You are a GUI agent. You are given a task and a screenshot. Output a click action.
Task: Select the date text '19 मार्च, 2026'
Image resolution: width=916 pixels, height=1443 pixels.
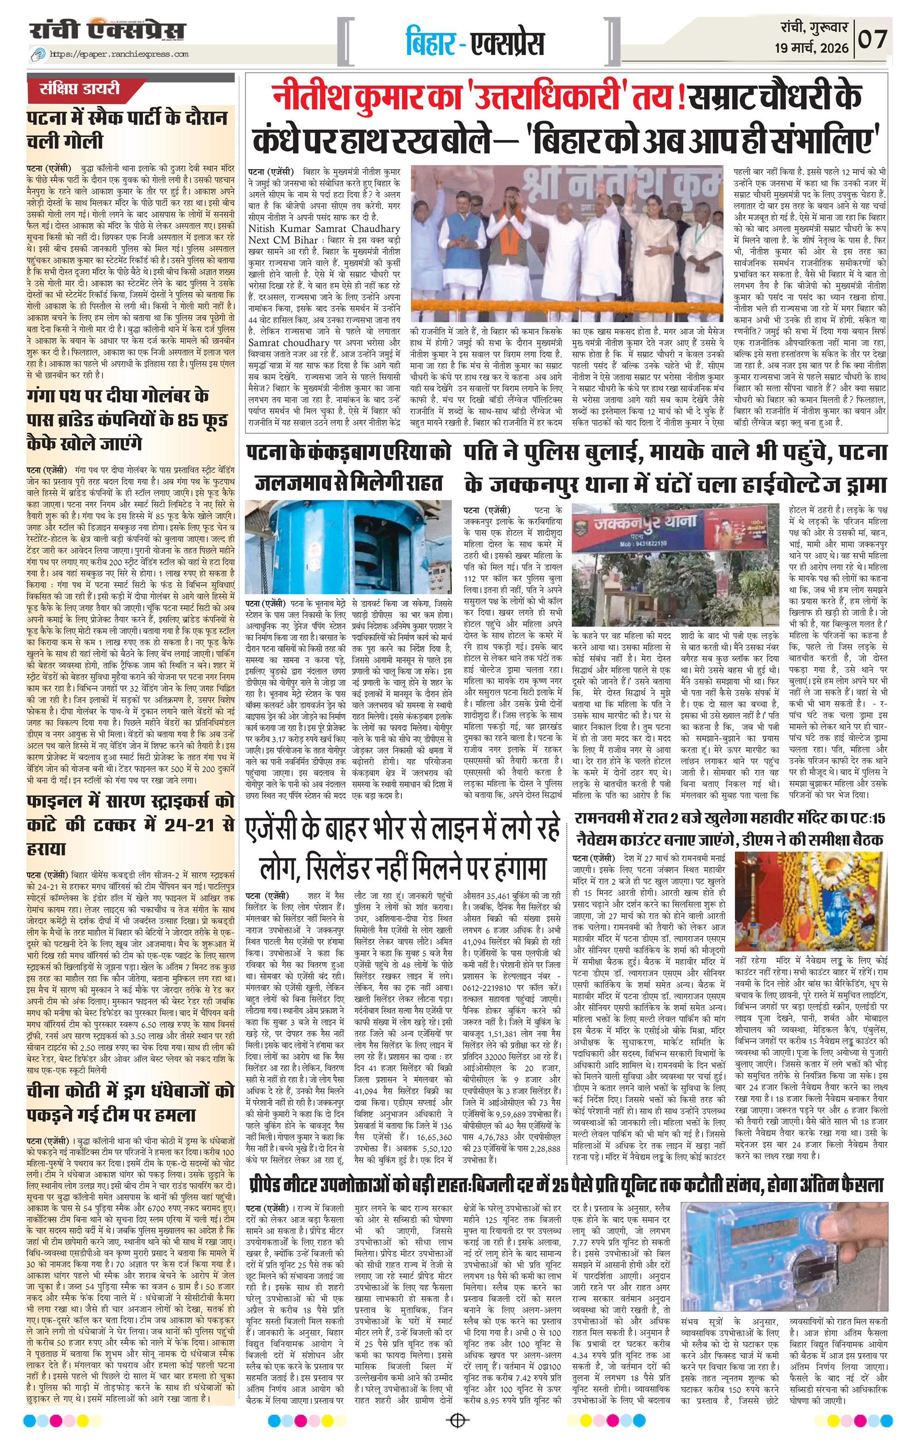point(811,48)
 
